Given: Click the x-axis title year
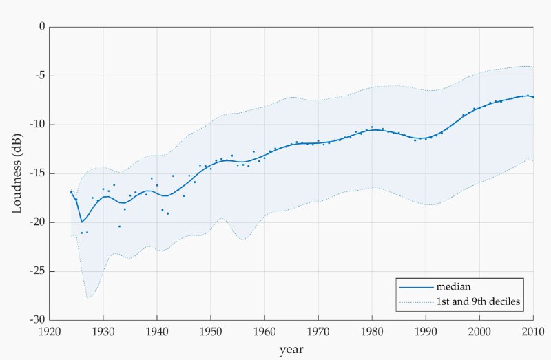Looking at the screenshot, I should click(291, 350).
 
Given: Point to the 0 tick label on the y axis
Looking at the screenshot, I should click(41, 27).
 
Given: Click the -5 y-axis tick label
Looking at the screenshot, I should click(39, 76).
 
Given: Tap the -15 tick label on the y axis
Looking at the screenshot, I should click(37, 173).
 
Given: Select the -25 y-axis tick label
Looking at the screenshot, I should click(37, 271).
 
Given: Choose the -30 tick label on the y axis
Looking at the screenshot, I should click(37, 320).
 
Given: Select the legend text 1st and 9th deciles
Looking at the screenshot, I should click(477, 302).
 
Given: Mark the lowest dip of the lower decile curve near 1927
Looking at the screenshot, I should click(87, 297).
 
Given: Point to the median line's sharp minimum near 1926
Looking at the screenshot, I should click(82, 222).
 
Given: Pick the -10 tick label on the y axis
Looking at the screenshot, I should click(37, 125).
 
